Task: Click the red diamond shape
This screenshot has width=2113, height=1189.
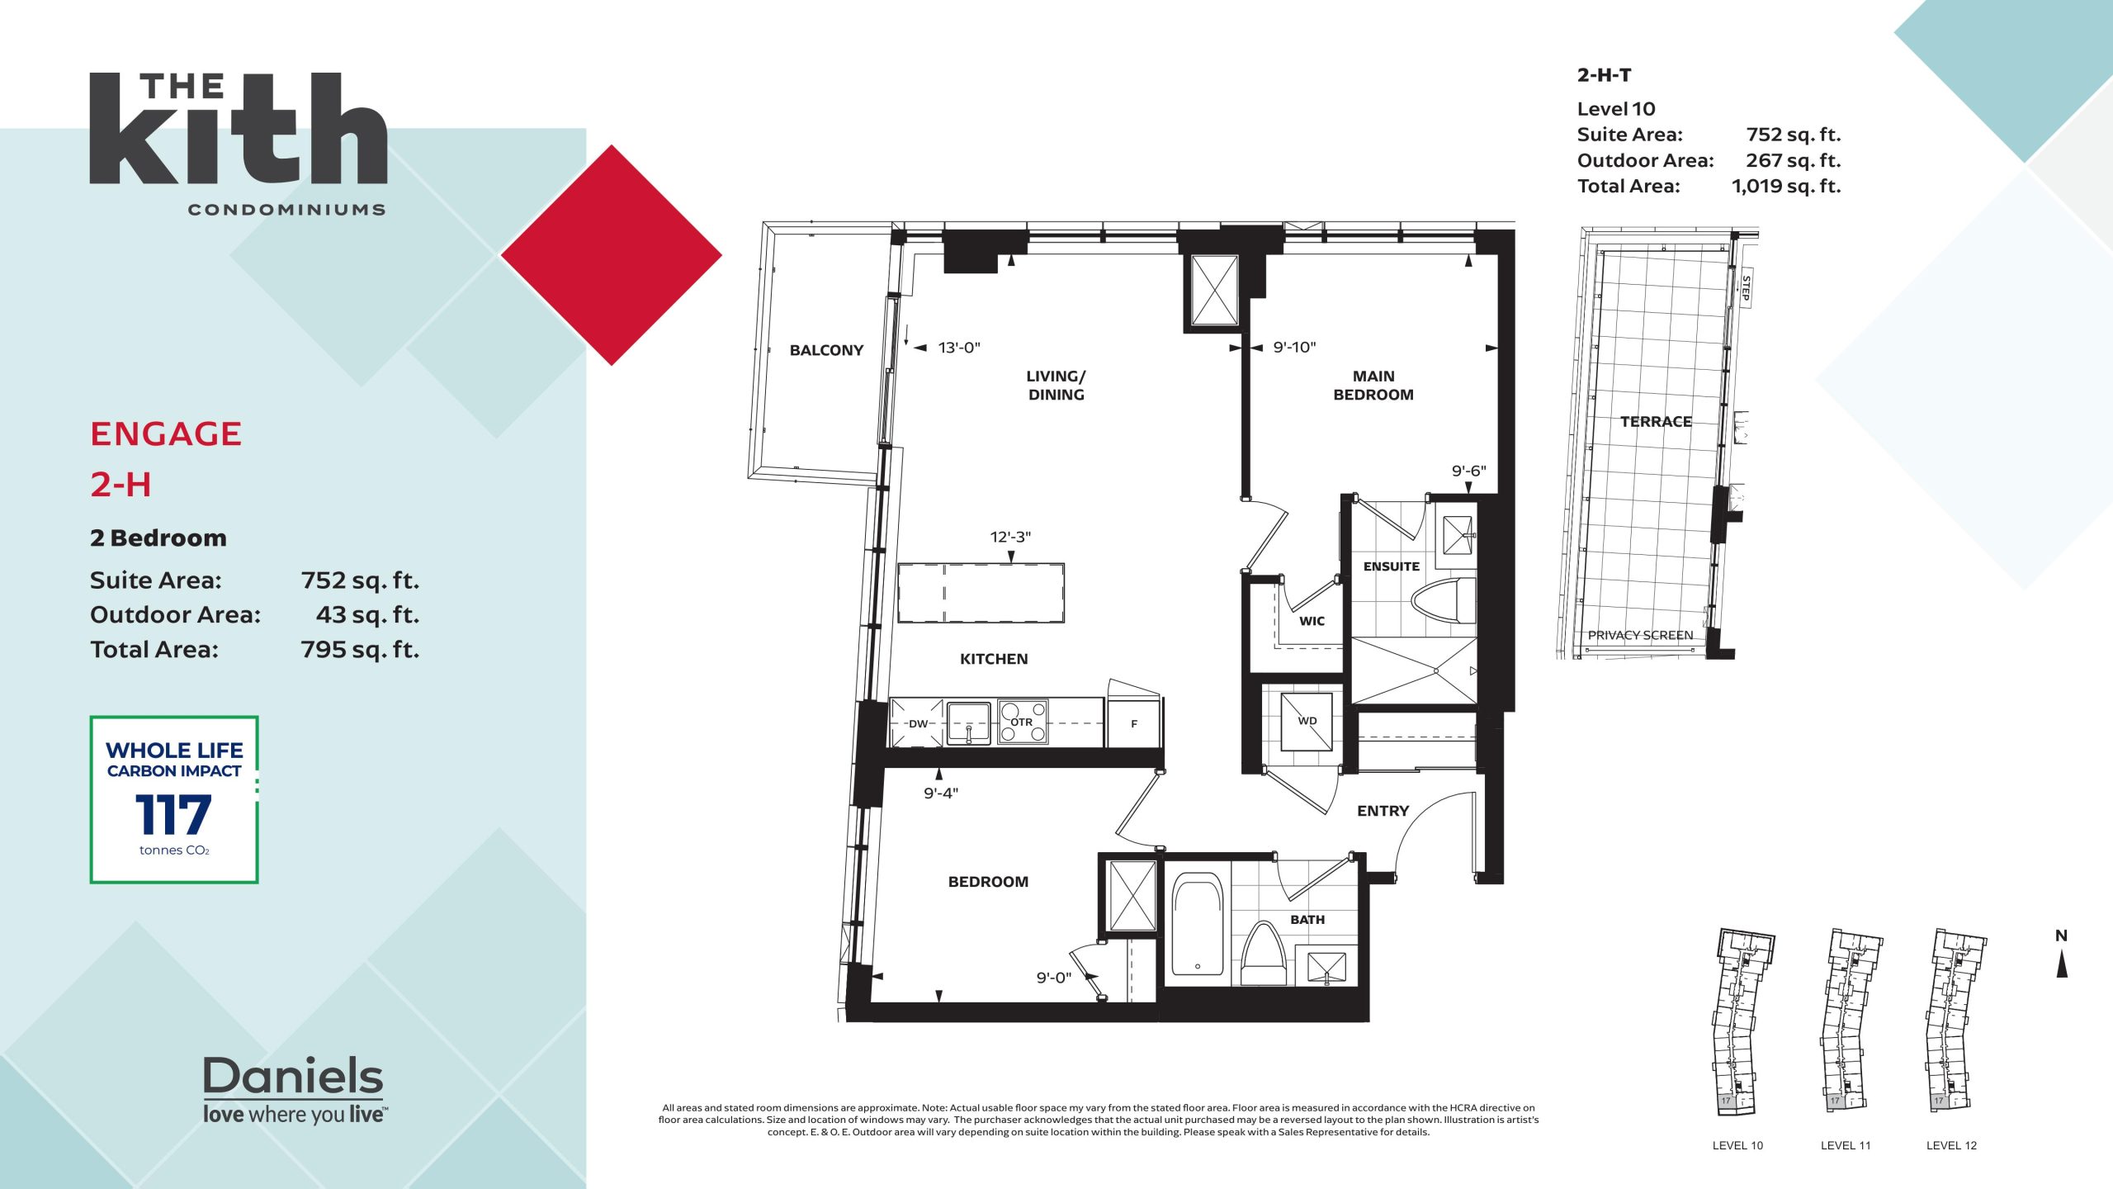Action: click(612, 255)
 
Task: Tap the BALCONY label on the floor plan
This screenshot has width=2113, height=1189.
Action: click(826, 350)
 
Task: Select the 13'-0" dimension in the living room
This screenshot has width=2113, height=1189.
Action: click(959, 348)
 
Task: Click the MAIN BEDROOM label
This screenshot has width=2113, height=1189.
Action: click(1373, 386)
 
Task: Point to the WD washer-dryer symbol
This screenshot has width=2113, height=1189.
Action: click(1307, 721)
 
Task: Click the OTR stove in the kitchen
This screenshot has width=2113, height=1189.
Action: click(1023, 722)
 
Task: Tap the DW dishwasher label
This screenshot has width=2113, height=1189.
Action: click(918, 724)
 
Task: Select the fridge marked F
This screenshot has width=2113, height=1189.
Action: click(1134, 723)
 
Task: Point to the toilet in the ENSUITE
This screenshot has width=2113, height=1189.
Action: click(1443, 601)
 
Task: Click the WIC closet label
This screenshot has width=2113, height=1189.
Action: click(1312, 621)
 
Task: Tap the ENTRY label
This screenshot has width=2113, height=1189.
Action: click(1383, 811)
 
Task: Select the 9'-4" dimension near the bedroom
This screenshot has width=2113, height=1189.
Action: click(941, 793)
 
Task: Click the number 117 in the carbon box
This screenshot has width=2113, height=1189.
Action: click(173, 815)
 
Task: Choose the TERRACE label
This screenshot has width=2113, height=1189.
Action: click(1656, 422)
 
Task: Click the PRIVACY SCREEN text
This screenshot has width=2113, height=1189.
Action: click(1640, 635)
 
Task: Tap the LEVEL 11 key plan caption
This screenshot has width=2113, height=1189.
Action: click(1846, 1145)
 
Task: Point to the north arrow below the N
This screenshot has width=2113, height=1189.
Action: click(2062, 964)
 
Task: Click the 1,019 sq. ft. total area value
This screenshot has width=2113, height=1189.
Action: click(1786, 187)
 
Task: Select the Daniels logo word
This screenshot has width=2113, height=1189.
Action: click(293, 1076)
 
